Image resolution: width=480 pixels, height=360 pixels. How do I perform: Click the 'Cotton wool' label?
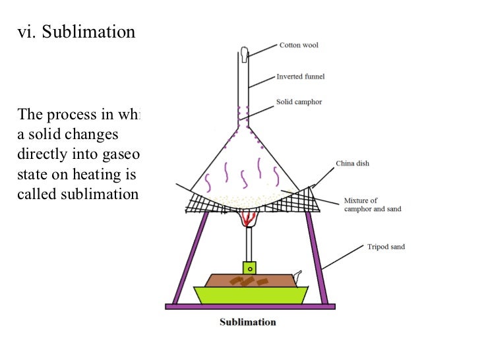tap(299, 45)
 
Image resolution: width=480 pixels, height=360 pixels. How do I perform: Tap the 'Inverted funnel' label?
tap(300, 77)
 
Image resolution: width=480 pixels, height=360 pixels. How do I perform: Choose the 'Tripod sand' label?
tap(386, 247)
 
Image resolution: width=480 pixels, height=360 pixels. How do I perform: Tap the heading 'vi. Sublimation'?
tap(76, 32)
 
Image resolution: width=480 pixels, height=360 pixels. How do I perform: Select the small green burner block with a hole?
tap(249, 268)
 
